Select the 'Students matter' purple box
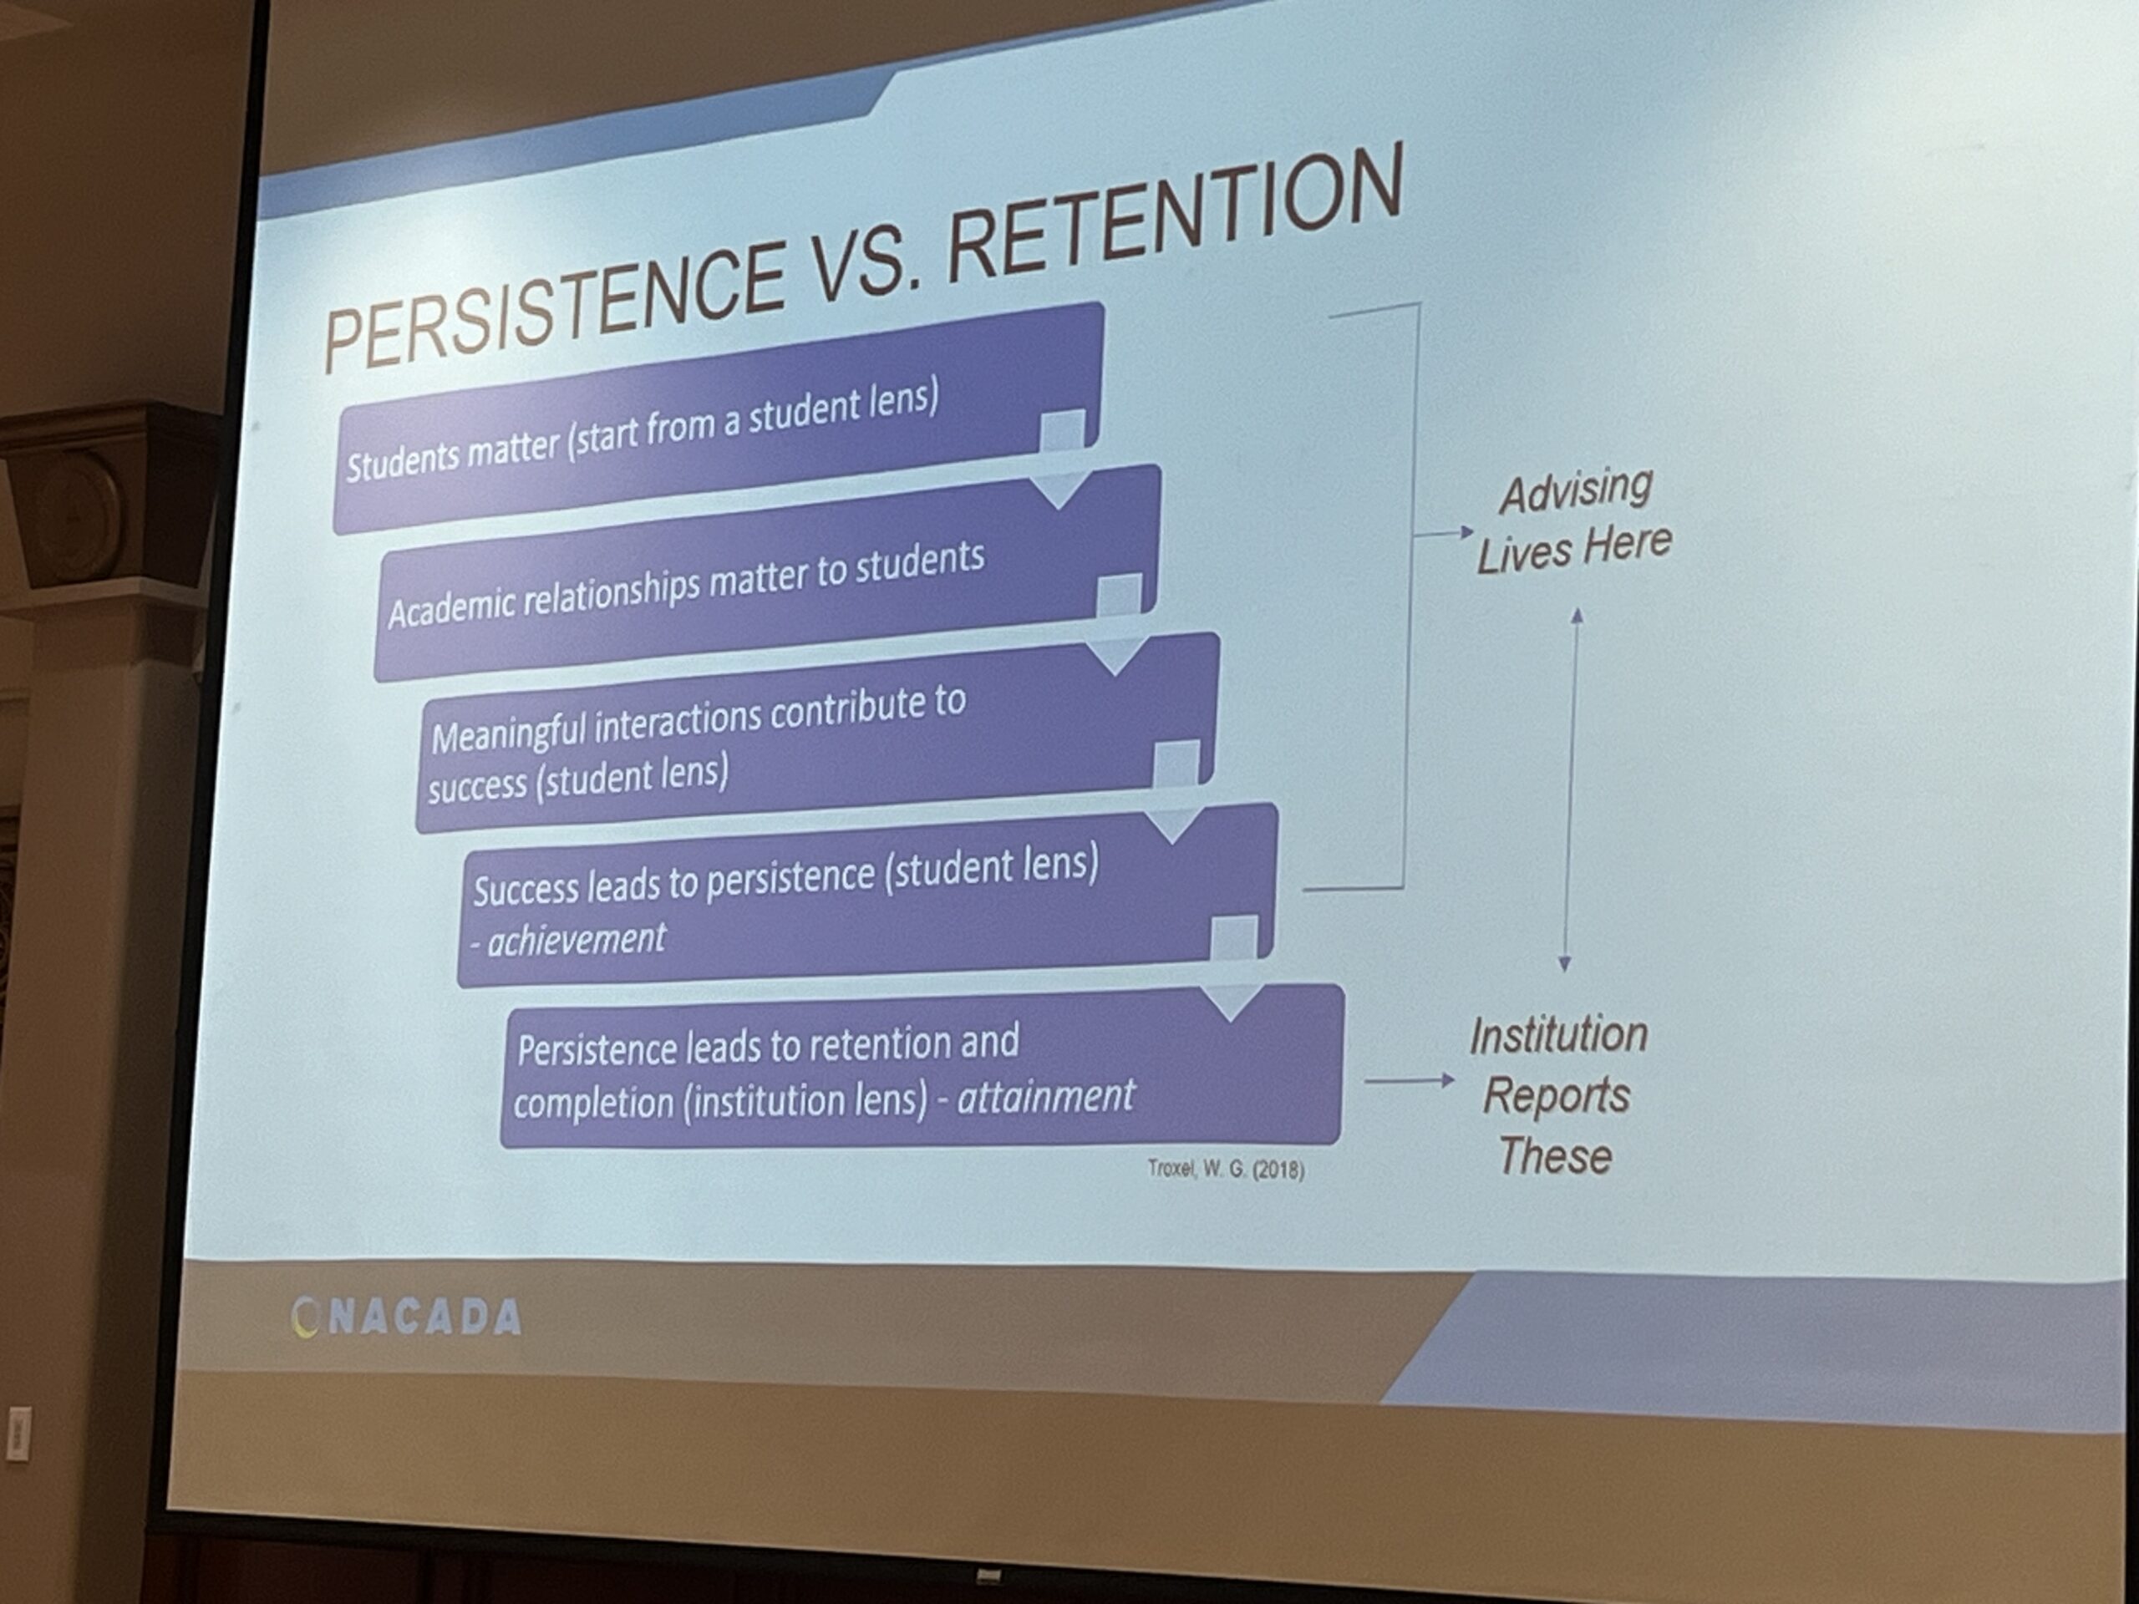[x=718, y=418]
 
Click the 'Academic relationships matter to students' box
[x=767, y=572]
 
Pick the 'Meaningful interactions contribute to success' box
[x=817, y=732]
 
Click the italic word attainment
[x=1045, y=1096]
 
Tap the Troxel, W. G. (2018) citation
[x=1225, y=1169]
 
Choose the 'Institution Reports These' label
[x=1557, y=1095]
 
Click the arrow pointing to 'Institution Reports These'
[x=1409, y=1080]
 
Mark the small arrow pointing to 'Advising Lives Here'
[x=1444, y=533]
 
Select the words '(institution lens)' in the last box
[x=805, y=1101]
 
